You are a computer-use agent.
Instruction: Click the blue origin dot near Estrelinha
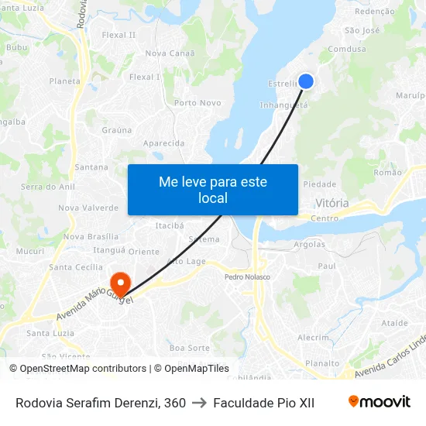point(306,81)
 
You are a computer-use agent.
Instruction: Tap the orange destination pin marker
point(120,283)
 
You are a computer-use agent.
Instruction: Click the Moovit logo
point(380,402)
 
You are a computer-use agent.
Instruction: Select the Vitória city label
point(332,204)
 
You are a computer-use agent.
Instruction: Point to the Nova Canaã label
point(167,53)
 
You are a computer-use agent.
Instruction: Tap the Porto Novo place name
point(198,103)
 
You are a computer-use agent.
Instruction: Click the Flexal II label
point(119,35)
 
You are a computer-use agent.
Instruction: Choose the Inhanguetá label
point(283,105)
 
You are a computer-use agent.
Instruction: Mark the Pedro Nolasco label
point(247,277)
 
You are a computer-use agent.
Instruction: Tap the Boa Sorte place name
point(190,349)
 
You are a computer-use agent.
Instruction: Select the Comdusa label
point(347,49)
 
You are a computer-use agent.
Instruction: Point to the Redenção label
point(374,12)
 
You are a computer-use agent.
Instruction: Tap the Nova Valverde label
point(88,208)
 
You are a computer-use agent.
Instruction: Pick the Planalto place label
point(322,362)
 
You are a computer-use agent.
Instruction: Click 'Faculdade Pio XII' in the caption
point(263,403)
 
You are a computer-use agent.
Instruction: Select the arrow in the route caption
point(199,403)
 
